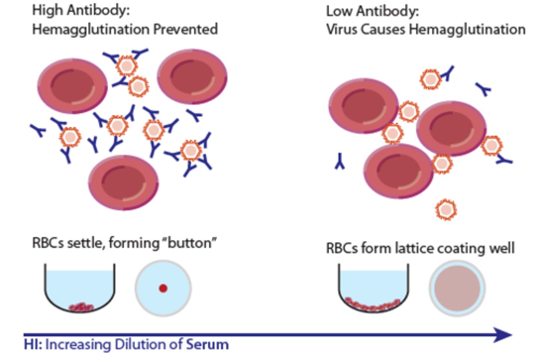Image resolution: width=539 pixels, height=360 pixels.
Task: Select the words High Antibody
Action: tap(80, 10)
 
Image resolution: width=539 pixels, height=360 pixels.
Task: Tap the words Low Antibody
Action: tap(372, 11)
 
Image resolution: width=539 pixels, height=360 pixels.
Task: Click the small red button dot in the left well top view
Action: tap(163, 288)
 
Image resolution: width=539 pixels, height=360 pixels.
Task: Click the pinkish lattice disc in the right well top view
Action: tap(457, 288)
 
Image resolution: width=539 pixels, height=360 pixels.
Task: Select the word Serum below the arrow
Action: tap(207, 344)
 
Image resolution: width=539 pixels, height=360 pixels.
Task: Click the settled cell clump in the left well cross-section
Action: tap(81, 307)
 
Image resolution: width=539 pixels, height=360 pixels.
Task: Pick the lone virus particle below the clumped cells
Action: tap(446, 210)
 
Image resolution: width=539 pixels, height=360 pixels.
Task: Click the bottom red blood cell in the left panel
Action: tap(123, 182)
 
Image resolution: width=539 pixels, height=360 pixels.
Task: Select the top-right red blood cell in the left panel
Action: tap(192, 77)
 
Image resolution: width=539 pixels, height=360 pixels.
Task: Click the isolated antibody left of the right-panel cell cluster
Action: tap(340, 161)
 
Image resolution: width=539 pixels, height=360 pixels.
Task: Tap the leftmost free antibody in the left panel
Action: tap(38, 130)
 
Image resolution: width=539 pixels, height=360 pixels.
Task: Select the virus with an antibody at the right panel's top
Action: tap(430, 79)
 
